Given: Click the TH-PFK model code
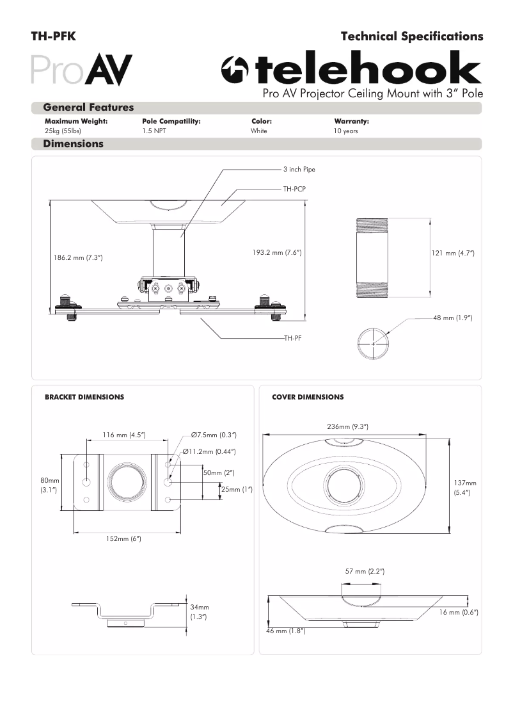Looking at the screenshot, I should (54, 36).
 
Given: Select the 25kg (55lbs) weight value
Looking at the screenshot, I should (63, 131).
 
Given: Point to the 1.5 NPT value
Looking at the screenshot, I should (154, 131).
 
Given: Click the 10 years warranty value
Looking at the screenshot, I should (346, 131).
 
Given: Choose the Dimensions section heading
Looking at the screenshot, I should (73, 144).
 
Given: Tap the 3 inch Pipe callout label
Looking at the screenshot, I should (299, 170).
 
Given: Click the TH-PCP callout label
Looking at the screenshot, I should (295, 190).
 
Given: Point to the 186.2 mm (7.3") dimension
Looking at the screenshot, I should (77, 257).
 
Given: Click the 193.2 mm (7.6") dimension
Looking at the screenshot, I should (276, 253).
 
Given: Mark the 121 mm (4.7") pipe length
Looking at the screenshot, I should (453, 254).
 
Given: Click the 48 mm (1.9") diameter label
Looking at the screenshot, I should (452, 318).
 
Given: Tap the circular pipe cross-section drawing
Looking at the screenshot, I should (373, 344).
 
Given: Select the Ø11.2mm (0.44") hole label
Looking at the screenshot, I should (209, 451).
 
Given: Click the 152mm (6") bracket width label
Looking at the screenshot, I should (123, 538).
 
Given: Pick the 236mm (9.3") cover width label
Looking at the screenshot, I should (347, 426).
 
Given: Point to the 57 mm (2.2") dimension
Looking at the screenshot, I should (365, 570).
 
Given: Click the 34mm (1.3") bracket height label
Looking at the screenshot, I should (200, 611).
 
